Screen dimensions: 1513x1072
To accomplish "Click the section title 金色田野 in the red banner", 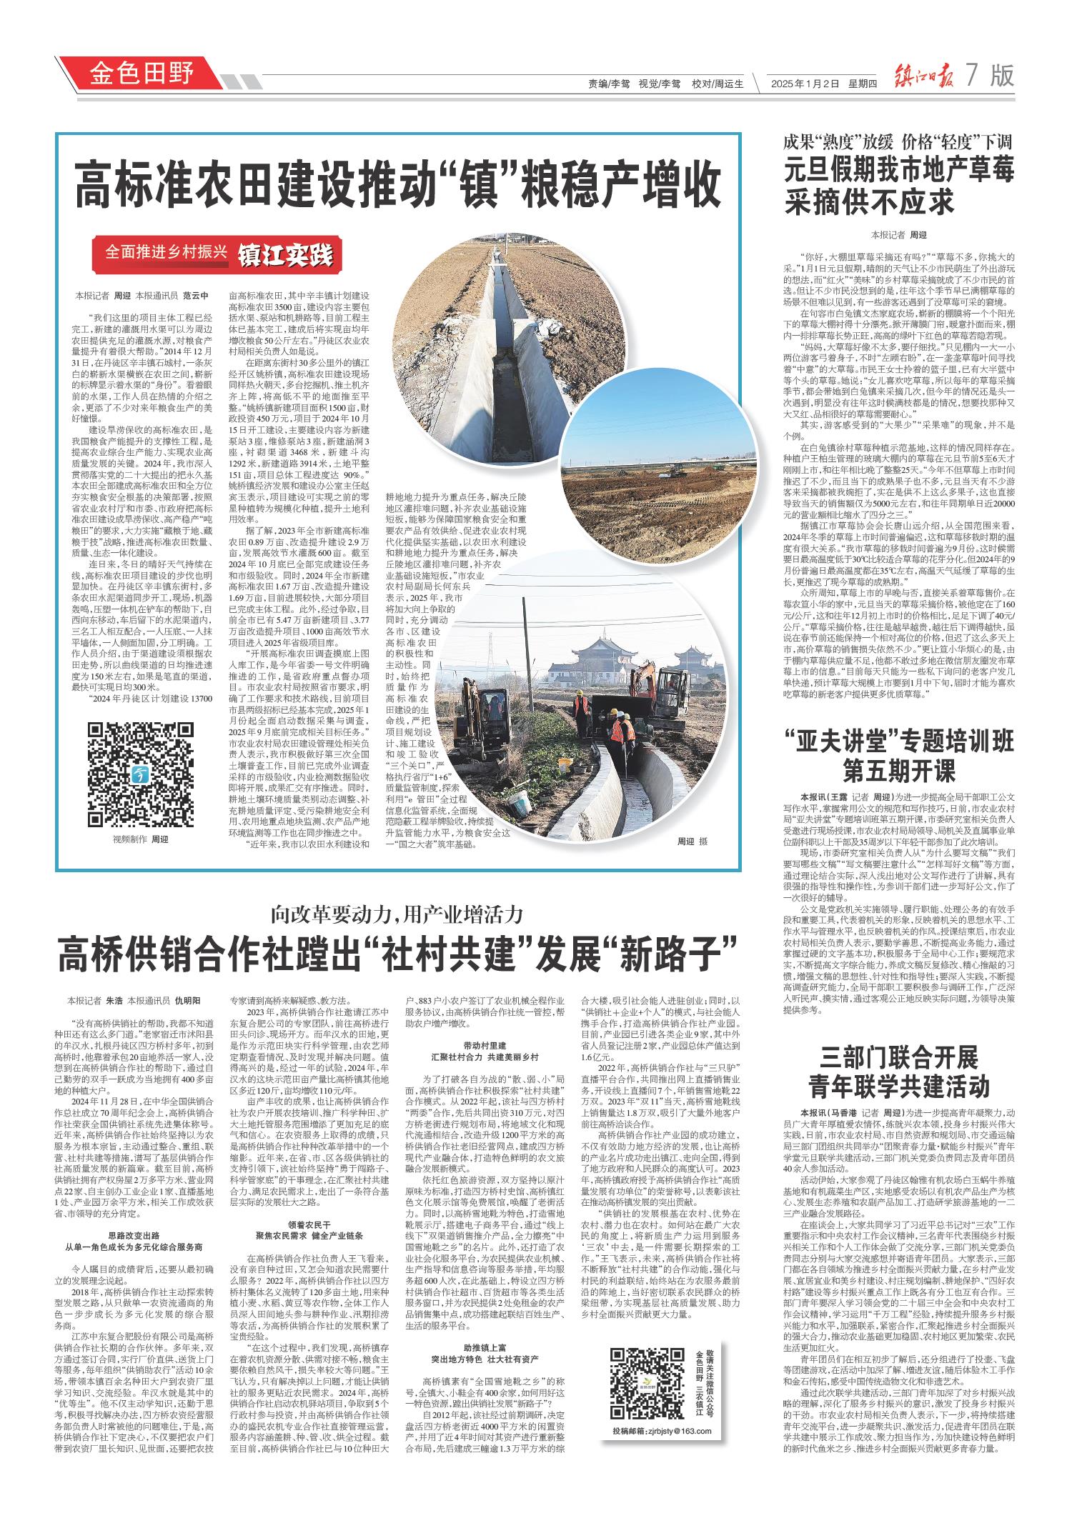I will (x=141, y=73).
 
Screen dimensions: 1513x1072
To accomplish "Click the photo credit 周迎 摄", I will (x=692, y=842).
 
